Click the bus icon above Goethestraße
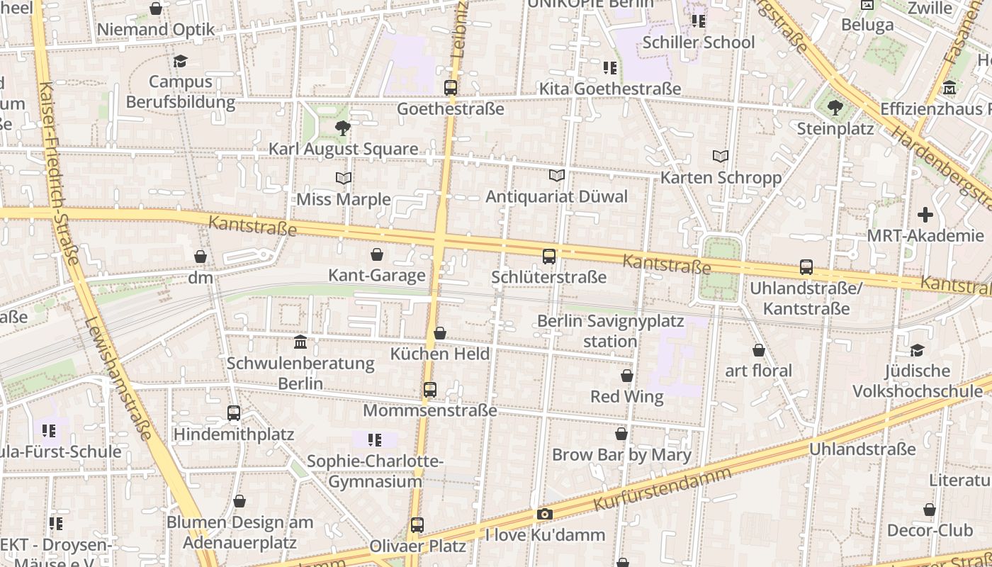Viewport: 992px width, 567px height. pyautogui.click(x=451, y=88)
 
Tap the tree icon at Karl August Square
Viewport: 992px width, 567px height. pyautogui.click(x=343, y=128)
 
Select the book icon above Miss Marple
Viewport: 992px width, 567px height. pyautogui.click(x=344, y=178)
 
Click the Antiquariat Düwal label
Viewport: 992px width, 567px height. pyautogui.click(x=556, y=196)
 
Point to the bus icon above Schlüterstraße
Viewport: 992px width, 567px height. pyautogui.click(x=549, y=257)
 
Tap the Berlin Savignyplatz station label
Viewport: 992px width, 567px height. pyautogui.click(x=610, y=331)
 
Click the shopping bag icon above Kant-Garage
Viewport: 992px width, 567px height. pyautogui.click(x=377, y=254)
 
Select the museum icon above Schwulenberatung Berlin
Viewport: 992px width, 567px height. pyautogui.click(x=300, y=342)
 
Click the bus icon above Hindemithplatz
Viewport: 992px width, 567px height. pyautogui.click(x=234, y=412)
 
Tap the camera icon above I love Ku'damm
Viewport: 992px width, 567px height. pyautogui.click(x=544, y=515)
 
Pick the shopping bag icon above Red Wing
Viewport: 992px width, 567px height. pyautogui.click(x=627, y=376)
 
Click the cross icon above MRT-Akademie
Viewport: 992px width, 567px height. pyautogui.click(x=925, y=215)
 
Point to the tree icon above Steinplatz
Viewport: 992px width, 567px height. pyautogui.click(x=835, y=108)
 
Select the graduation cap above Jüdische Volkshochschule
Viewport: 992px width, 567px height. pyautogui.click(x=917, y=350)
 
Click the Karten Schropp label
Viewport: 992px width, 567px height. pyautogui.click(x=721, y=177)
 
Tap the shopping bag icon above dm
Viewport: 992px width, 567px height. pyautogui.click(x=201, y=257)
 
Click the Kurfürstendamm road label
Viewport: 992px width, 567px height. pyautogui.click(x=662, y=488)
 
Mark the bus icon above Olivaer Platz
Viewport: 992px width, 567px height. pyautogui.click(x=417, y=525)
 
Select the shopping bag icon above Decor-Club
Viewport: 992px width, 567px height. pyautogui.click(x=930, y=510)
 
